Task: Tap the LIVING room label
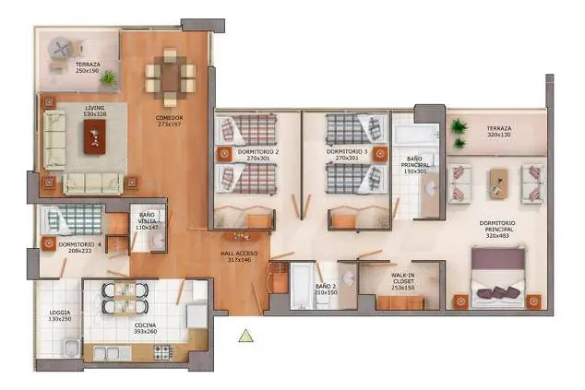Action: (x=95, y=111)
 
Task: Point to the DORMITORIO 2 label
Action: (x=257, y=154)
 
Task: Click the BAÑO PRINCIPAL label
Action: (x=415, y=164)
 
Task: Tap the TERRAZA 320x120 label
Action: (x=499, y=132)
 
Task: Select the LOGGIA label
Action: (x=60, y=315)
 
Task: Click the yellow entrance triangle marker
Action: (x=245, y=336)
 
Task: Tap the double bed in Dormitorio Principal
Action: (x=498, y=279)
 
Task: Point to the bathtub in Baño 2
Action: (x=303, y=286)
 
